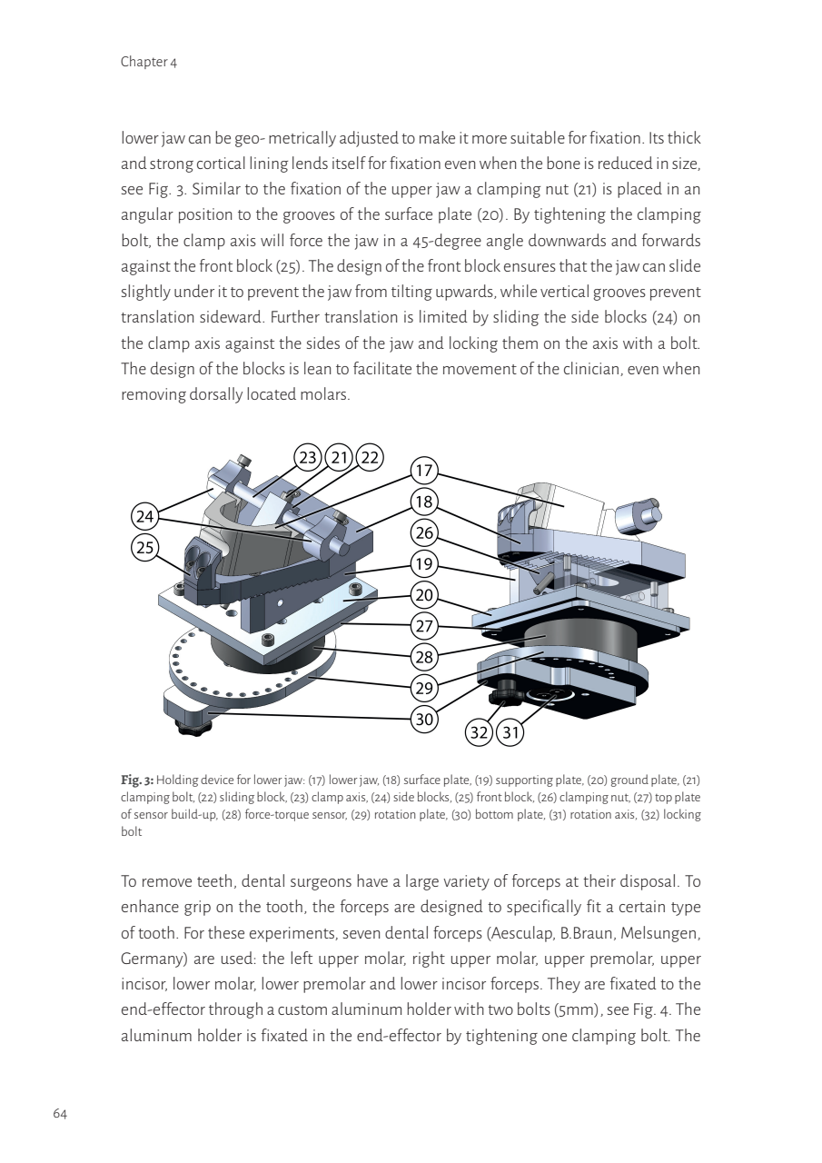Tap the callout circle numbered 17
coord(424,472)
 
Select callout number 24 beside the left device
coord(144,517)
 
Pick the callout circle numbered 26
coord(424,532)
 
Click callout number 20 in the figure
coord(424,595)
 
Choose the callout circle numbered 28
coord(424,656)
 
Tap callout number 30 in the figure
coord(424,720)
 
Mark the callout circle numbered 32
coord(479,732)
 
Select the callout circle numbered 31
coord(510,732)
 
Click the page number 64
coord(60,1114)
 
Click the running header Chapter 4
coord(149,63)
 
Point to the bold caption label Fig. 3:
coord(137,780)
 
